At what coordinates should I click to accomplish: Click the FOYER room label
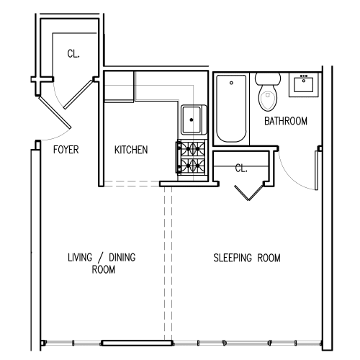tap(66, 150)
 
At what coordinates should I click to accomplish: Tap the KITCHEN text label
tap(131, 150)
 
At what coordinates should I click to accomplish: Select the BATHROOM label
tap(285, 122)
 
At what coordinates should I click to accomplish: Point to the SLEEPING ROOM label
tap(247, 258)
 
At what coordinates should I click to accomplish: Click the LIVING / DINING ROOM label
tap(102, 264)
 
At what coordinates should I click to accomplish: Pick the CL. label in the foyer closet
tap(73, 53)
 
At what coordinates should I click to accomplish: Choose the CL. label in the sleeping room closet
tap(241, 168)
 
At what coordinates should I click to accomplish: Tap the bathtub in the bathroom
tap(231, 108)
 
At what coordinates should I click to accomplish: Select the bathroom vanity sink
tap(303, 86)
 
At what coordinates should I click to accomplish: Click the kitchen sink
tap(192, 119)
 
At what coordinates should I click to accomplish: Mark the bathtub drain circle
tap(231, 82)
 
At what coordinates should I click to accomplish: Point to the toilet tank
tap(267, 78)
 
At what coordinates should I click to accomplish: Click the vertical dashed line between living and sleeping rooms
tap(168, 259)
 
